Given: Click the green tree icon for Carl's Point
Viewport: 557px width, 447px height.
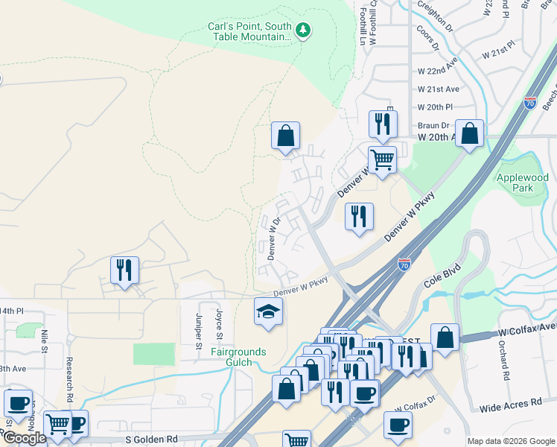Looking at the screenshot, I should pos(303,31).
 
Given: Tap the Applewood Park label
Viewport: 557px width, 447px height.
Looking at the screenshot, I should pos(522,183).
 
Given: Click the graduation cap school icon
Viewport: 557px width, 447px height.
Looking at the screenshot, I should pos(268,311).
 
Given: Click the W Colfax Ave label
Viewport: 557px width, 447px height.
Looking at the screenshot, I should pos(527,328).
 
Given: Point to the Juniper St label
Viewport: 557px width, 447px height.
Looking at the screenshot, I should pos(199,330).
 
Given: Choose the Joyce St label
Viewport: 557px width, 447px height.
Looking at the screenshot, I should pos(219,325).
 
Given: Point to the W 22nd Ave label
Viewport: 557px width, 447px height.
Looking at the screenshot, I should pos(436,70).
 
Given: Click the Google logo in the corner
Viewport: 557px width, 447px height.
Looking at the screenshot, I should pos(25,438).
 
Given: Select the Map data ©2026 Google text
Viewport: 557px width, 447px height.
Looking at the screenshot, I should pos(510,441).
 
